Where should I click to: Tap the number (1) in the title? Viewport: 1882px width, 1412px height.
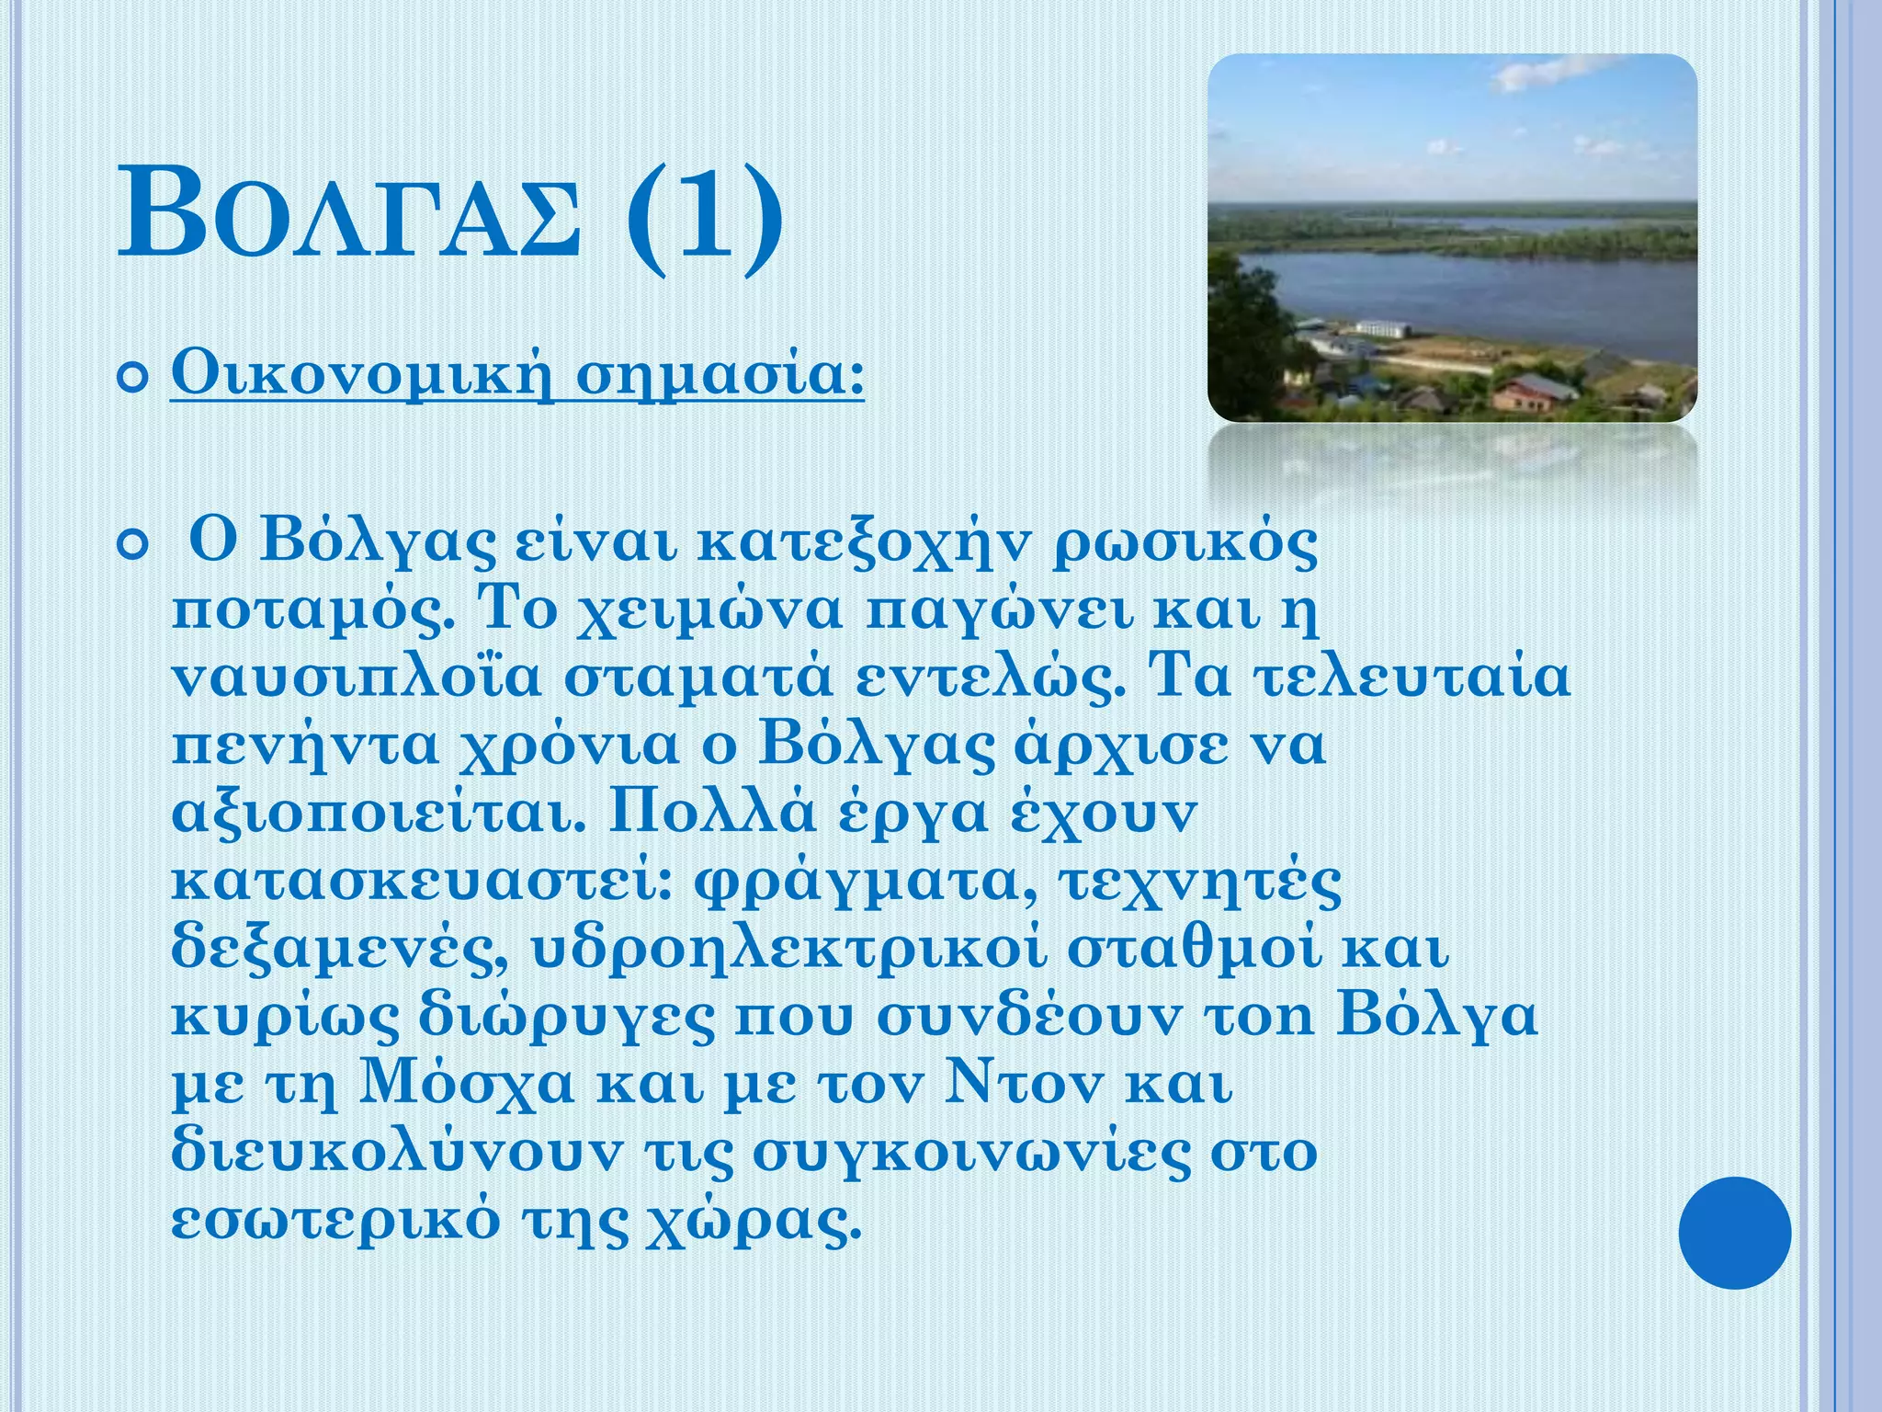point(705,219)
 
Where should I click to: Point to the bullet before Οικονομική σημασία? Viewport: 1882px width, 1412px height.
point(134,377)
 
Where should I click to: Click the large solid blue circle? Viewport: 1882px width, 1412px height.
point(1734,1232)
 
